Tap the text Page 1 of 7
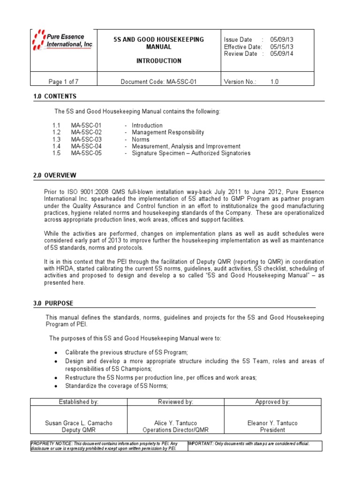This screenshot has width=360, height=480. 63,82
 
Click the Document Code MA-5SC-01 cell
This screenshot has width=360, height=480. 158,82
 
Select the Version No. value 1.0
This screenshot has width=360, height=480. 274,82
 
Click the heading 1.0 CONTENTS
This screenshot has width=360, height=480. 55,97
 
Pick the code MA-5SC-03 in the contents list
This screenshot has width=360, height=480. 86,140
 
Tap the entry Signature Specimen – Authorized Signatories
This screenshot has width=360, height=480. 191,153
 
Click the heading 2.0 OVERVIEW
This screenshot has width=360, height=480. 55,176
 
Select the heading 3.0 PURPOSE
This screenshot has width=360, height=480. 53,304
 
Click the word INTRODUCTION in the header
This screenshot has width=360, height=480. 158,61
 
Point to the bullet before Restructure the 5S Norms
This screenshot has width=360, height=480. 56,378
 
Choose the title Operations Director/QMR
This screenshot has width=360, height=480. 175,430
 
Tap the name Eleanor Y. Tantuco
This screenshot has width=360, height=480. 272,423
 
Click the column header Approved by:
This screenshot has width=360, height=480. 272,402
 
